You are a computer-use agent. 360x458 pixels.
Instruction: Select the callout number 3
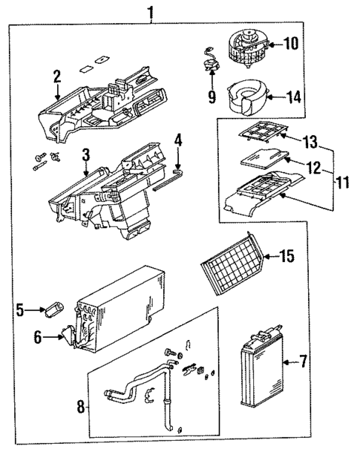click(86, 154)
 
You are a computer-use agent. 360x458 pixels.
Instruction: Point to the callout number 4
click(177, 139)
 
